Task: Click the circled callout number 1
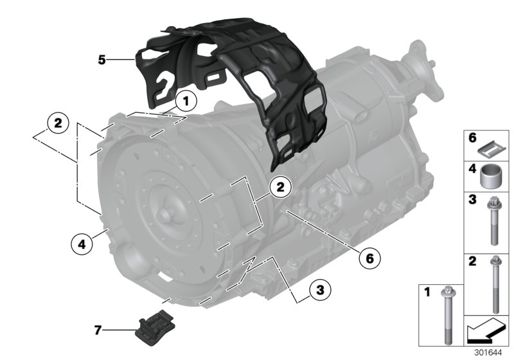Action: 186,101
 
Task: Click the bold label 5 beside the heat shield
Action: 102,60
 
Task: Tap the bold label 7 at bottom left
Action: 98,330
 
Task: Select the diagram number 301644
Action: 491,353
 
